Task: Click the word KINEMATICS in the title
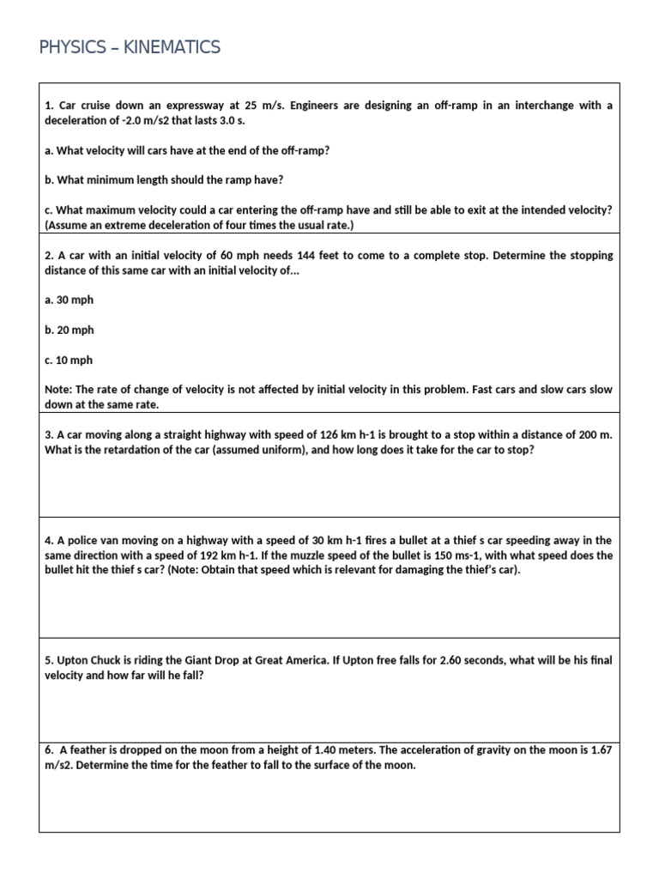(x=172, y=47)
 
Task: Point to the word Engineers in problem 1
(x=317, y=106)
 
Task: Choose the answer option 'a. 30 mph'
(x=70, y=300)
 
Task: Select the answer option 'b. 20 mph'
(x=70, y=330)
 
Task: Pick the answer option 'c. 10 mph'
(x=69, y=361)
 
